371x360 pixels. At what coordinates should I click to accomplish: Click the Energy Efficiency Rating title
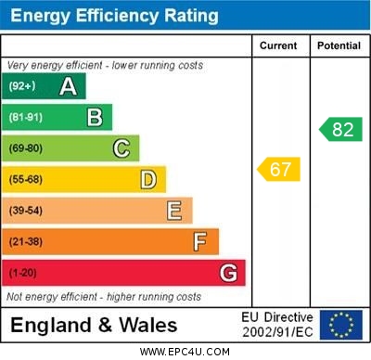point(114,16)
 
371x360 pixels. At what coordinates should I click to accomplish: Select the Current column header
point(278,45)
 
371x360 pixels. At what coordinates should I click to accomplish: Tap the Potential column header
point(339,45)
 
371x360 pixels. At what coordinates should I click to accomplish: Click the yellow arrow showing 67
point(279,169)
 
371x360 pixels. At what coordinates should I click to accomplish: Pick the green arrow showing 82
point(340,129)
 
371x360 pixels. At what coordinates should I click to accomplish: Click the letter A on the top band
point(68,86)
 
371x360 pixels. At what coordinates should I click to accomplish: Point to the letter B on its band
point(95,117)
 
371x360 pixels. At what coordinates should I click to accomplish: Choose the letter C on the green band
point(122,148)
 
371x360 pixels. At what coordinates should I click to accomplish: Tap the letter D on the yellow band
point(148,179)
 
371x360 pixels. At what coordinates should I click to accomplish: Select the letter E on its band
point(174,211)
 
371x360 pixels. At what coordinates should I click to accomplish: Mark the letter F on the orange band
point(200,241)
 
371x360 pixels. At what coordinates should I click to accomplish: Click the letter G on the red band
point(228,273)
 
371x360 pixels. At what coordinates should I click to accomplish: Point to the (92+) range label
point(22,86)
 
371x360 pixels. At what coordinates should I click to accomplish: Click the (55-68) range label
point(26,179)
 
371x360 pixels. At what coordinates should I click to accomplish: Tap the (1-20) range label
point(23,273)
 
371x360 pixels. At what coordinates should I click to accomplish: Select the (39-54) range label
point(26,211)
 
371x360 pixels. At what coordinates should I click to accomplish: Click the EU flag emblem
point(341,325)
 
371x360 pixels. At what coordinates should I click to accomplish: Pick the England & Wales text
point(94,325)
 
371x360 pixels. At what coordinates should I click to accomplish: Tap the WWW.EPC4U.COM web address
point(185,352)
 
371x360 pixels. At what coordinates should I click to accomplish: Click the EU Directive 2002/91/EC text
point(277,325)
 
